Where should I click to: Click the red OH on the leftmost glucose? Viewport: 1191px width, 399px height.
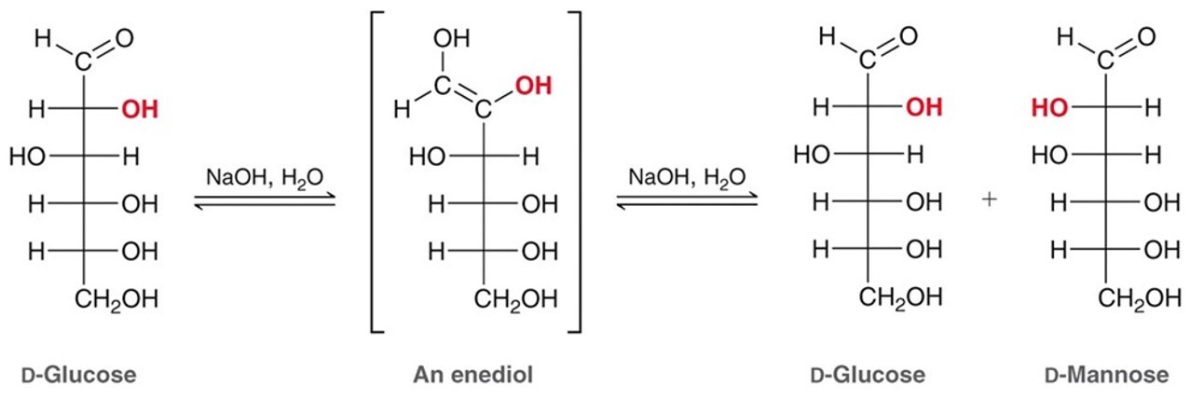[140, 109]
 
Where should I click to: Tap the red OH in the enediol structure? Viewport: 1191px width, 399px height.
[533, 86]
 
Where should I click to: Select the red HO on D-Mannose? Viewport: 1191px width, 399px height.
[1049, 108]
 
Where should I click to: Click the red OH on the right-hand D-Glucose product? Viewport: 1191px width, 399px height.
[924, 107]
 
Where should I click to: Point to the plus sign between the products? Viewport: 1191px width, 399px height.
[989, 199]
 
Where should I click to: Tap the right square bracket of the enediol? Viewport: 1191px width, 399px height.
[579, 172]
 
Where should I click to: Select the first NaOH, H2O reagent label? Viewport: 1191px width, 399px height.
[265, 178]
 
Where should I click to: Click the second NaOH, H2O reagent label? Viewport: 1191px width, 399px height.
[687, 177]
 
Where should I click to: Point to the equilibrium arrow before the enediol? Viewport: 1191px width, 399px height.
[265, 201]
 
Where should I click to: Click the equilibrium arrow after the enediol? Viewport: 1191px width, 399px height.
[687, 200]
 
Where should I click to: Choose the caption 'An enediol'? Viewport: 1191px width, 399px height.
[472, 375]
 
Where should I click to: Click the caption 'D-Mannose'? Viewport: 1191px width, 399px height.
[1106, 375]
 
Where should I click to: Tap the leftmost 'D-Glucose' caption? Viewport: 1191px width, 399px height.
[78, 375]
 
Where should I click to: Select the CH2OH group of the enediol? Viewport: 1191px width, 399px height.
[515, 299]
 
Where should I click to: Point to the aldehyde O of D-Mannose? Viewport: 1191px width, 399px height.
[1146, 36]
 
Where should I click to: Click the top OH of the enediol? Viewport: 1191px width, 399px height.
[451, 38]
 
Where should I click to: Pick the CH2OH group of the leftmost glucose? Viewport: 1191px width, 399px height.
[116, 299]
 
